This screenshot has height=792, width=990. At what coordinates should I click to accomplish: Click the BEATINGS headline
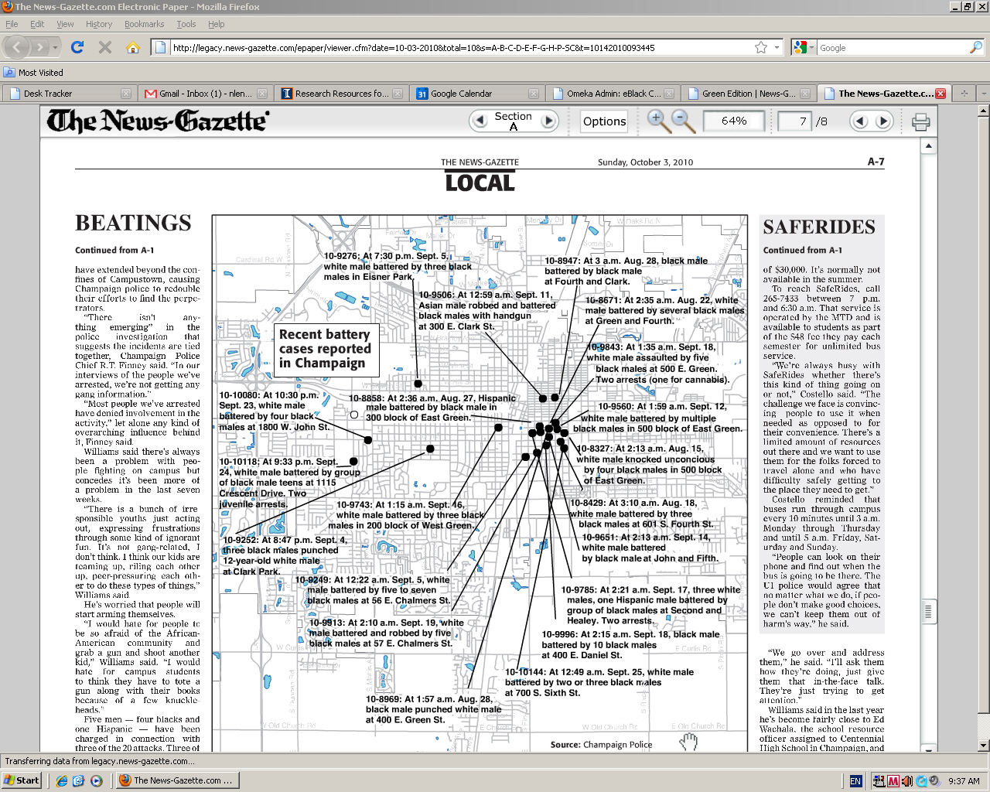click(133, 224)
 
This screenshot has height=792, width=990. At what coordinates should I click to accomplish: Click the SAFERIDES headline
click(819, 227)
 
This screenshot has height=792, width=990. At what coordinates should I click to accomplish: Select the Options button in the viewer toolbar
click(604, 121)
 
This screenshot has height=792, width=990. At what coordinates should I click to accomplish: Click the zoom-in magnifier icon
click(658, 121)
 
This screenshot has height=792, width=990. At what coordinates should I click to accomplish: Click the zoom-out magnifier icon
click(682, 121)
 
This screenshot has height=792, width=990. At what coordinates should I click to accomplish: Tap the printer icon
click(920, 121)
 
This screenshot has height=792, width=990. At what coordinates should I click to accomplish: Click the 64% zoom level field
click(733, 121)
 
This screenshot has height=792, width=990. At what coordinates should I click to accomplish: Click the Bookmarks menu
click(144, 24)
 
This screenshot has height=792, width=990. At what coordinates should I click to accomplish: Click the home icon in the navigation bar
click(133, 48)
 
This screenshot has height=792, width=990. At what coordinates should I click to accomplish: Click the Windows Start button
click(22, 780)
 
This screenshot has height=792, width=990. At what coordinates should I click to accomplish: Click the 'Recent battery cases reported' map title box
click(326, 348)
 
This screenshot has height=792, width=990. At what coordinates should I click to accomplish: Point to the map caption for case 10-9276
click(398, 266)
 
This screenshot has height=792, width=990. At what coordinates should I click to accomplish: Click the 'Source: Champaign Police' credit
click(601, 745)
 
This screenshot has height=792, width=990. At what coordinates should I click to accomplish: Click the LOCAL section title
click(480, 183)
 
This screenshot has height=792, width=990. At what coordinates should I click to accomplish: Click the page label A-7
click(876, 162)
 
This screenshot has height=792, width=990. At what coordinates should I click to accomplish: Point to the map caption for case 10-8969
click(433, 709)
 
